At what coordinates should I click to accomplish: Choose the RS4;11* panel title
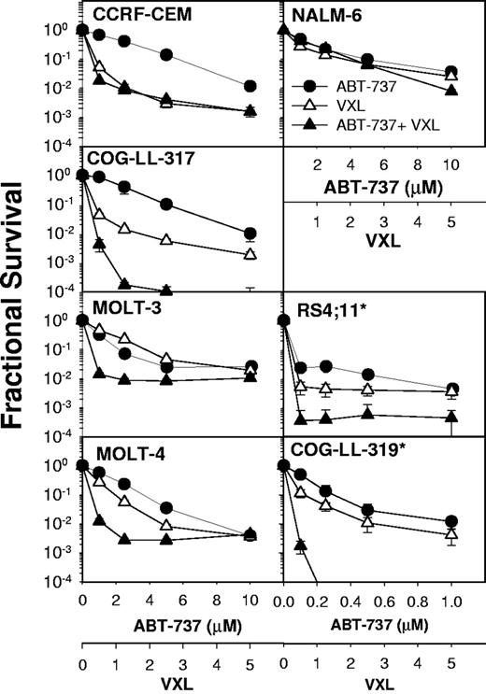pos(326,304)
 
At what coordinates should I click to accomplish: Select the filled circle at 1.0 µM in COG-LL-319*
pos(452,521)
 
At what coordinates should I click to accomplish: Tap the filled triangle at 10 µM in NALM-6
pos(452,91)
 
